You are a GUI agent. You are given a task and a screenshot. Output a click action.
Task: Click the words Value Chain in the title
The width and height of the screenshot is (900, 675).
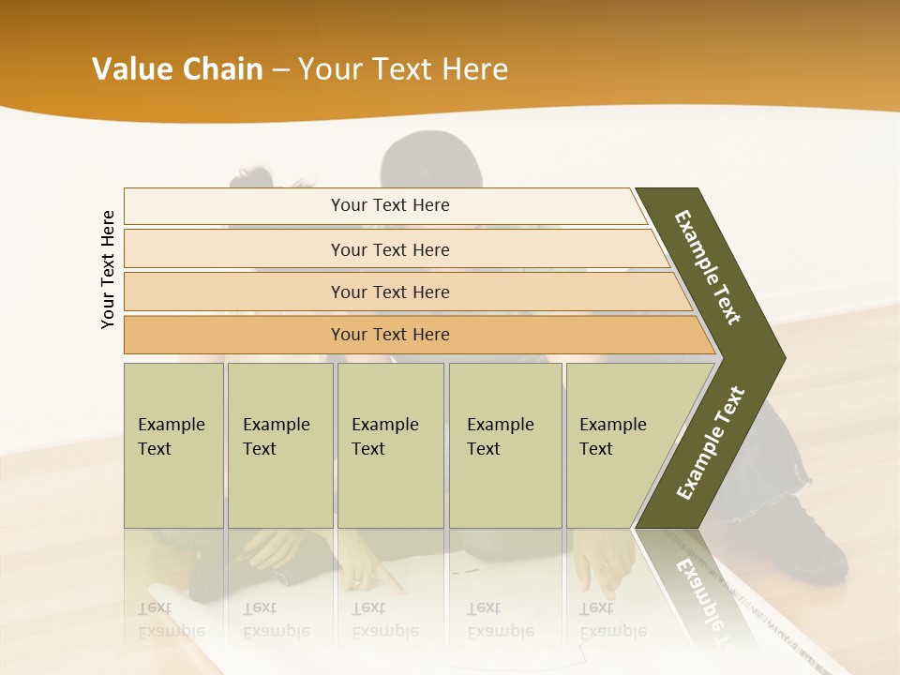click(177, 69)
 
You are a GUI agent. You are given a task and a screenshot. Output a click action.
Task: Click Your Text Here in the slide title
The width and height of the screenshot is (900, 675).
click(403, 69)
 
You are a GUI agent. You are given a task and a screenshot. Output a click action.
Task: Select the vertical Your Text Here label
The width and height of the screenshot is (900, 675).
click(108, 269)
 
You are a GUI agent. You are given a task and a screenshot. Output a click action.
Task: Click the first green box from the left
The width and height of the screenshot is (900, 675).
click(173, 445)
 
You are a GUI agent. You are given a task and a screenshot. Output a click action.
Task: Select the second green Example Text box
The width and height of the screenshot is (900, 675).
click(279, 445)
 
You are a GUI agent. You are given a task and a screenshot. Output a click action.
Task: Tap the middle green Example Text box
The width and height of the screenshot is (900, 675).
click(390, 445)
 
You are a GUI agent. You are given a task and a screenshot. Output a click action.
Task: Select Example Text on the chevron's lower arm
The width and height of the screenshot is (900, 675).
click(711, 442)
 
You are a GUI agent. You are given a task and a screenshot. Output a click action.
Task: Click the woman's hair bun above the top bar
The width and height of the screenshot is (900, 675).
click(251, 176)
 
